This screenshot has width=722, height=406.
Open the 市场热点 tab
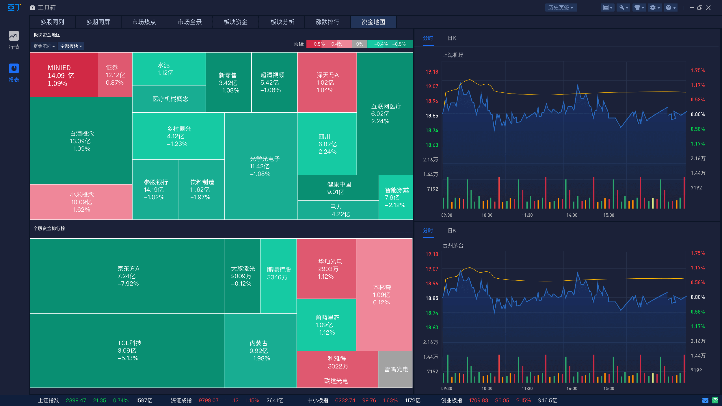click(x=144, y=22)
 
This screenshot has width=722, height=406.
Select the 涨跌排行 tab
click(x=327, y=22)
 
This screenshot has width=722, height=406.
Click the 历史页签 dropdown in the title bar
click(x=560, y=8)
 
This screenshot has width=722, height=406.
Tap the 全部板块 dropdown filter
click(x=71, y=46)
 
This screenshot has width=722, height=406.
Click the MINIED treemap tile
click(x=64, y=75)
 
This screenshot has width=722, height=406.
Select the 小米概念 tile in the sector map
click(x=81, y=202)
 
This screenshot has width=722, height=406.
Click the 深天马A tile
click(x=327, y=82)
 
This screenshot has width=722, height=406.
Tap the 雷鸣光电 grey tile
click(x=395, y=369)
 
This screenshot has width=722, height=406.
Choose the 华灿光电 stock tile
click(x=326, y=269)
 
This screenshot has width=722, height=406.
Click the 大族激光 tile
click(x=242, y=276)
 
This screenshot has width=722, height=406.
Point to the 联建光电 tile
click(x=337, y=381)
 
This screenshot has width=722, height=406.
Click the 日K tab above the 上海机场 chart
click(x=452, y=38)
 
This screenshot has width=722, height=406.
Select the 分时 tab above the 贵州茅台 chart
click(x=428, y=230)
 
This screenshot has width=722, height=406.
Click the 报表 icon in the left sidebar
click(x=14, y=72)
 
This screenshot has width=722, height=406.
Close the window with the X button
click(x=708, y=8)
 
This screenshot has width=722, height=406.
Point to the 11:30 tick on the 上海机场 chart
click(x=527, y=215)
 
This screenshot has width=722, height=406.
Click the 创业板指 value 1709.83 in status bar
click(x=478, y=401)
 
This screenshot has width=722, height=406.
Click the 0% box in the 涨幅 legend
click(x=360, y=44)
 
